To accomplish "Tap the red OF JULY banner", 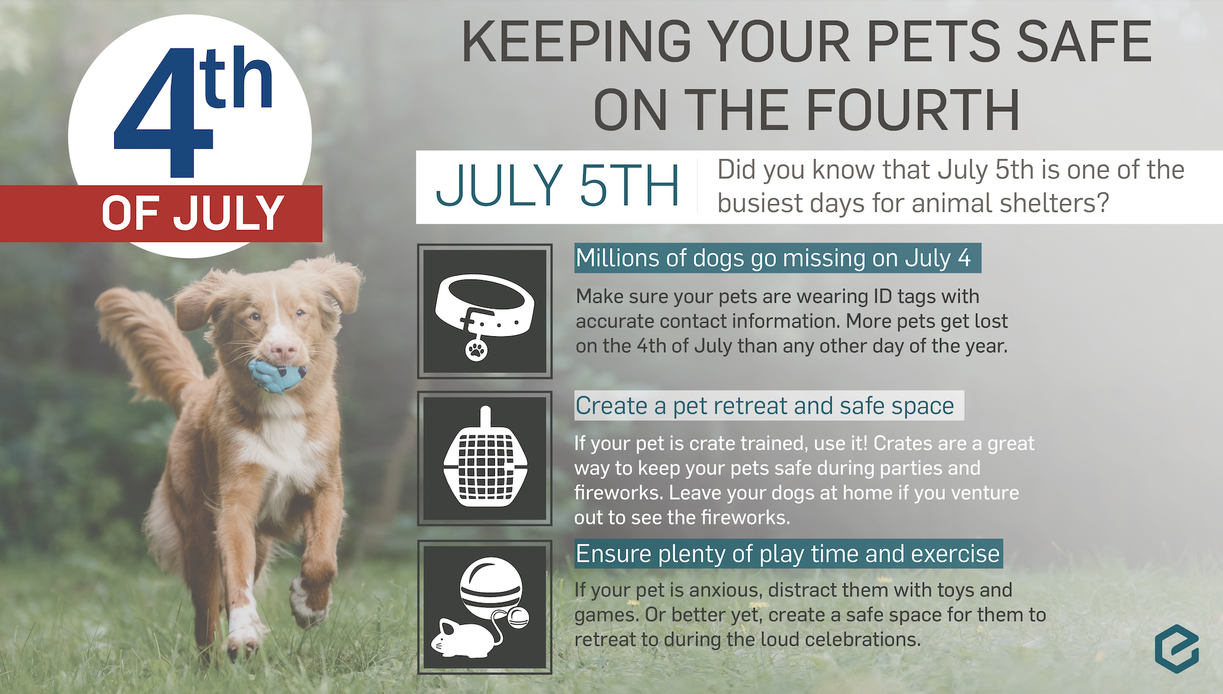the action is tap(161, 213).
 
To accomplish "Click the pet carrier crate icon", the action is tap(485, 458).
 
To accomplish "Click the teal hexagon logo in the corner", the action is tap(1177, 648).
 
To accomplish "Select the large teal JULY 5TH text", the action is tap(557, 186).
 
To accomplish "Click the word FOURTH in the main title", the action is tap(912, 111).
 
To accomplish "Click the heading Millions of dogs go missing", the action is tap(773, 258).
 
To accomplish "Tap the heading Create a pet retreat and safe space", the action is tap(765, 406).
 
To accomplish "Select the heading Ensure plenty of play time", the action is tap(788, 554).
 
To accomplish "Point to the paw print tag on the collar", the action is tap(477, 349).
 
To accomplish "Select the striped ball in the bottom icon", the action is tap(491, 588).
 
